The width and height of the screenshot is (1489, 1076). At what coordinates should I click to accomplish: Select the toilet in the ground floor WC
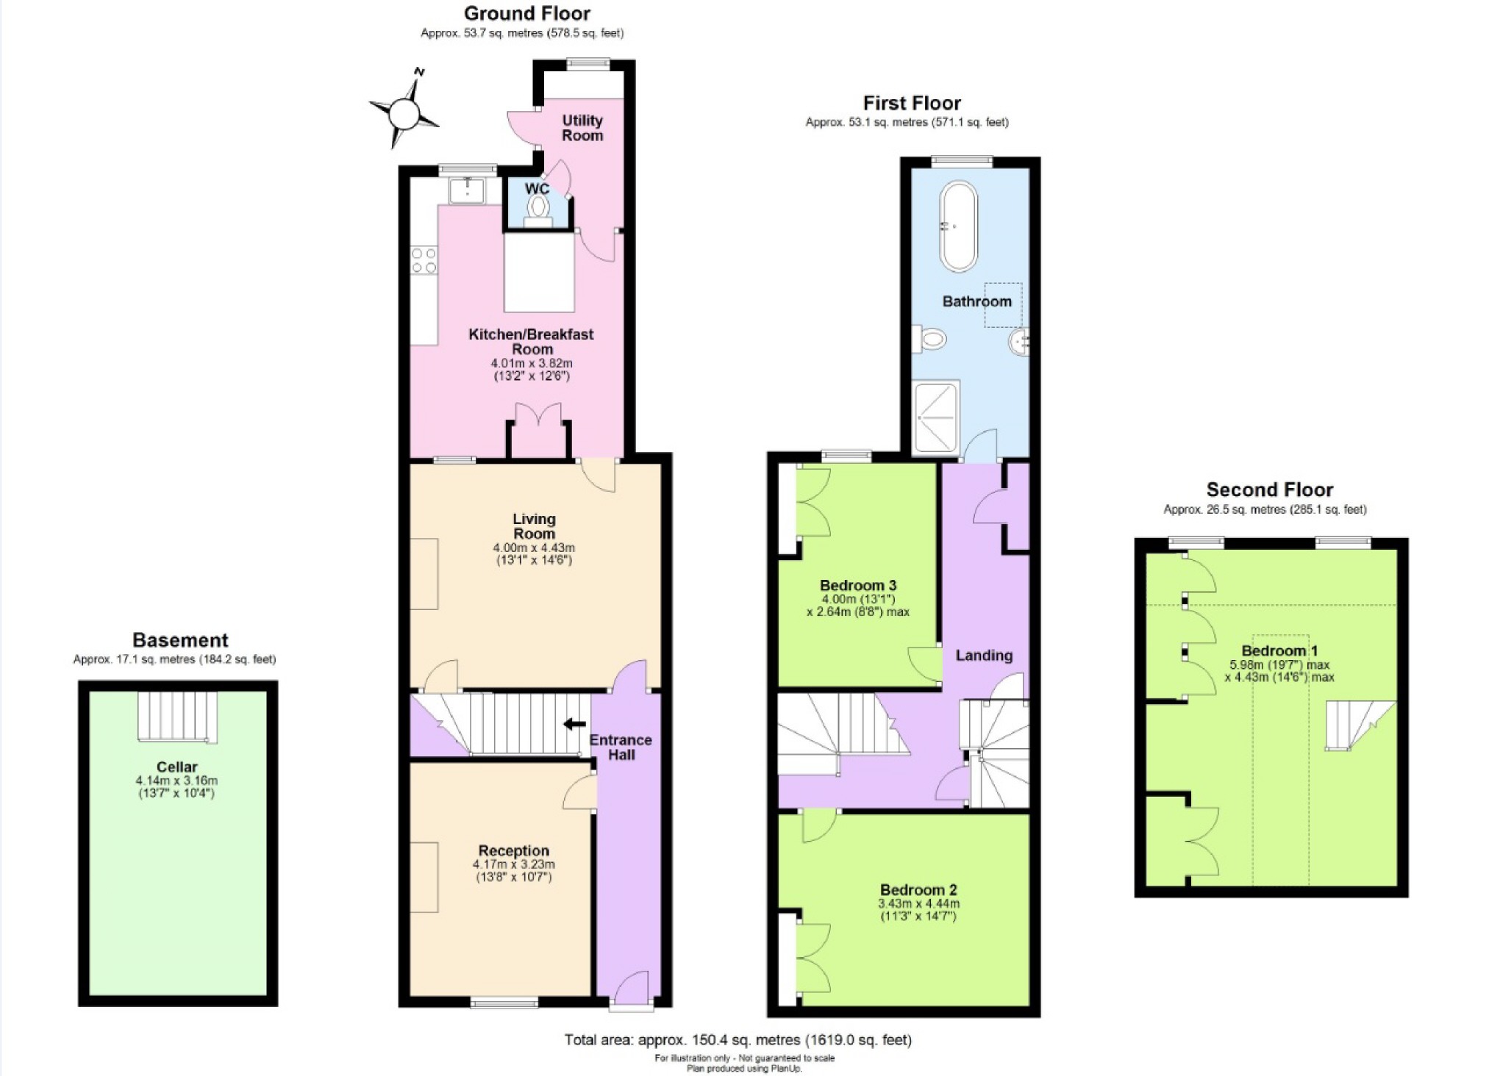point(538,209)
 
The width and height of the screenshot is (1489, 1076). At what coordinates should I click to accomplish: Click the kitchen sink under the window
point(466,190)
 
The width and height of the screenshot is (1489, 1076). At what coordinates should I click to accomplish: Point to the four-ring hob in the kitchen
point(424,260)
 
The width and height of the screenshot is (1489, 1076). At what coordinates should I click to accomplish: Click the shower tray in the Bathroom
point(935,416)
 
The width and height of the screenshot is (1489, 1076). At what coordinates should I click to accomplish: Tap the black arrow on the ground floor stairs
point(574,724)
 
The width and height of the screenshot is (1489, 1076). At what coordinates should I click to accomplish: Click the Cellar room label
point(176,767)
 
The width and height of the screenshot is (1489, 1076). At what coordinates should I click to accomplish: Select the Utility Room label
point(582,128)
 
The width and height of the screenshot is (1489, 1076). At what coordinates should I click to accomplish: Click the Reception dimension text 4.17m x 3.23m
point(513,864)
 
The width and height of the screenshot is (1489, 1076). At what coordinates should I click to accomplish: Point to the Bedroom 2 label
point(918,890)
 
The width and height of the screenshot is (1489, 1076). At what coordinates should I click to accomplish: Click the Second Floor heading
point(1269,489)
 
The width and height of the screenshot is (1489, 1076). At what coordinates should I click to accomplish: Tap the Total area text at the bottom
point(738,1039)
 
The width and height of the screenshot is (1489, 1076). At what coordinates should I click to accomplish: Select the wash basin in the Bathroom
point(1019,342)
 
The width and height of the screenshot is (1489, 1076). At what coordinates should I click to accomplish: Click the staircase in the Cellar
point(177,717)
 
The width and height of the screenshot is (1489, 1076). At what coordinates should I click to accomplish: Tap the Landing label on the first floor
point(984,655)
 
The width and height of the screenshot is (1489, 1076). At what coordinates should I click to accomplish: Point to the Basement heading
point(180,640)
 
